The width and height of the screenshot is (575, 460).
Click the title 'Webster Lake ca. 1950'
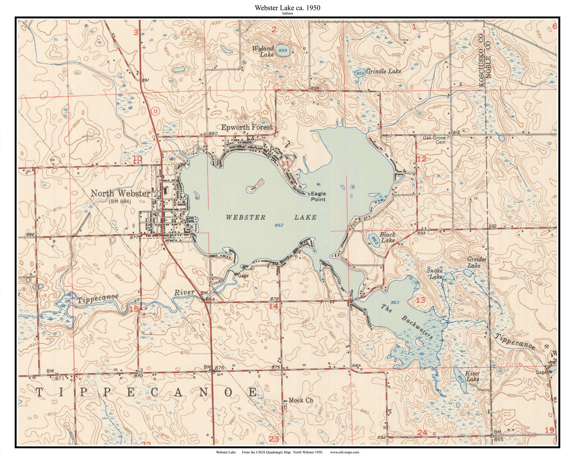click(287, 8)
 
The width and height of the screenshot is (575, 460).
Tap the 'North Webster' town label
click(120, 193)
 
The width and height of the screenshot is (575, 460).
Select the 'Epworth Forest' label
click(246, 127)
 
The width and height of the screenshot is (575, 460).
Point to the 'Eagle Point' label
click(318, 196)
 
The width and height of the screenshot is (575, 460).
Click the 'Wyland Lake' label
click(263, 51)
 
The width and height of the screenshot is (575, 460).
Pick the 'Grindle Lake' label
click(384, 71)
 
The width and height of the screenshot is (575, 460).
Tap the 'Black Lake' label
click(388, 237)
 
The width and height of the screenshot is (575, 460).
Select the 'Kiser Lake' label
click(473, 376)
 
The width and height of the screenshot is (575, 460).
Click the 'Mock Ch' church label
click(300, 400)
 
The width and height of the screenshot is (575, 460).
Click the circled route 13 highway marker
click(155, 111)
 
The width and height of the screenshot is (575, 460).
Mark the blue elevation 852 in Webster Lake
click(279, 225)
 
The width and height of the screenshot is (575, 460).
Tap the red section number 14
click(273, 306)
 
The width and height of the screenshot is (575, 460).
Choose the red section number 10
click(137, 158)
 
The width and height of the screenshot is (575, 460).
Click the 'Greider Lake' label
click(477, 262)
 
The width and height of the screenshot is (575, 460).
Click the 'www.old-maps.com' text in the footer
click(344, 452)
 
